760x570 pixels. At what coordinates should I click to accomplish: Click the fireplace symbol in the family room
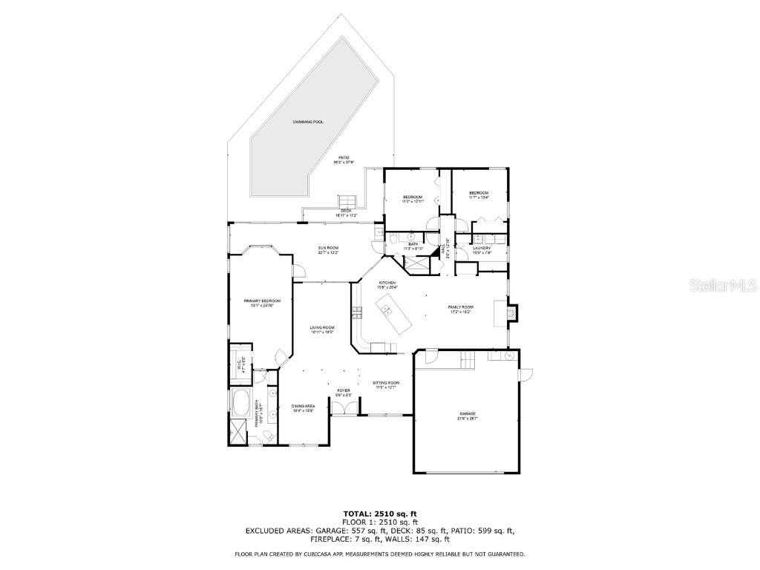click(x=511, y=313)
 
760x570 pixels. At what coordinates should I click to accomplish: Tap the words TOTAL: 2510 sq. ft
click(x=380, y=514)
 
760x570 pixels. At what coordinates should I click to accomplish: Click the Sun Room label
click(x=328, y=250)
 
